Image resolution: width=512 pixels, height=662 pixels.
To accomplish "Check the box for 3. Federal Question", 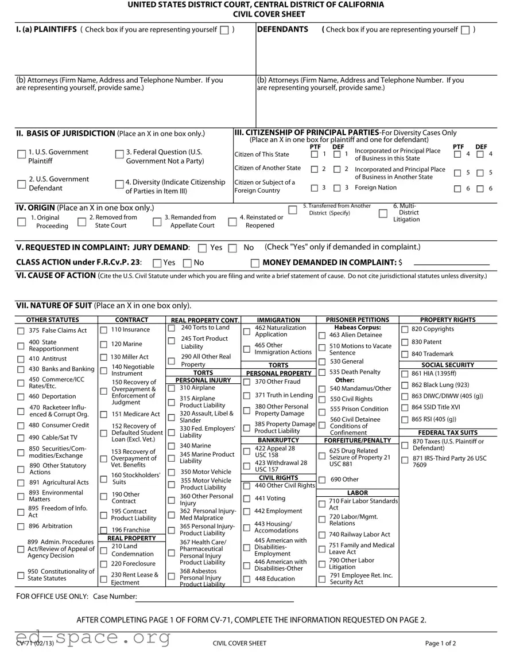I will [119, 154].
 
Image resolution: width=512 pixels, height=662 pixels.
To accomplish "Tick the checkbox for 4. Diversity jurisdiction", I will [119, 184].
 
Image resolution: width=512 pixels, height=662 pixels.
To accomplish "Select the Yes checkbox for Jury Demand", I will [202, 248].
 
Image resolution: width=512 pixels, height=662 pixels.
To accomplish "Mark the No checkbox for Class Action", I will [187, 263].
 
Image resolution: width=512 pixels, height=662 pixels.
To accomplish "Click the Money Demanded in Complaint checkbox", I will [255, 263].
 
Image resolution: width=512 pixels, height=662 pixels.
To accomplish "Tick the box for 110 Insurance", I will [104, 330].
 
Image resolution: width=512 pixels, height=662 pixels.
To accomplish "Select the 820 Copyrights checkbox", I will [405, 329].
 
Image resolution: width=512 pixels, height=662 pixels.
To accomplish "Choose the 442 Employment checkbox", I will [247, 511].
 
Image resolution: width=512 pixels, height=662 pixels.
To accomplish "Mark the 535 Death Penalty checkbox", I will [322, 372].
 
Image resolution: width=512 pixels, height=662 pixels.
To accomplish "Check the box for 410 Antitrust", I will [21, 359].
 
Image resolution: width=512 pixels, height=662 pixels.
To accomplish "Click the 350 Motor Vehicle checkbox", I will [171, 472].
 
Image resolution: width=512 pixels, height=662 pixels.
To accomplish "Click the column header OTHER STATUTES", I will [53, 320].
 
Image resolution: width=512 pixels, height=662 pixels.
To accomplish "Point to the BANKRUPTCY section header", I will [278, 440].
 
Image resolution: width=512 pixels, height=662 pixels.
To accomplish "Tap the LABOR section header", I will [358, 493].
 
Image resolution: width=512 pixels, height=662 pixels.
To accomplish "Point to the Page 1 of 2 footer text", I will [440, 643].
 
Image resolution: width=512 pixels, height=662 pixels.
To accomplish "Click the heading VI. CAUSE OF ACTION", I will [56, 275].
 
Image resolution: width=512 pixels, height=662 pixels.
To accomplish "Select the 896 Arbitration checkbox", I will [21, 527].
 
